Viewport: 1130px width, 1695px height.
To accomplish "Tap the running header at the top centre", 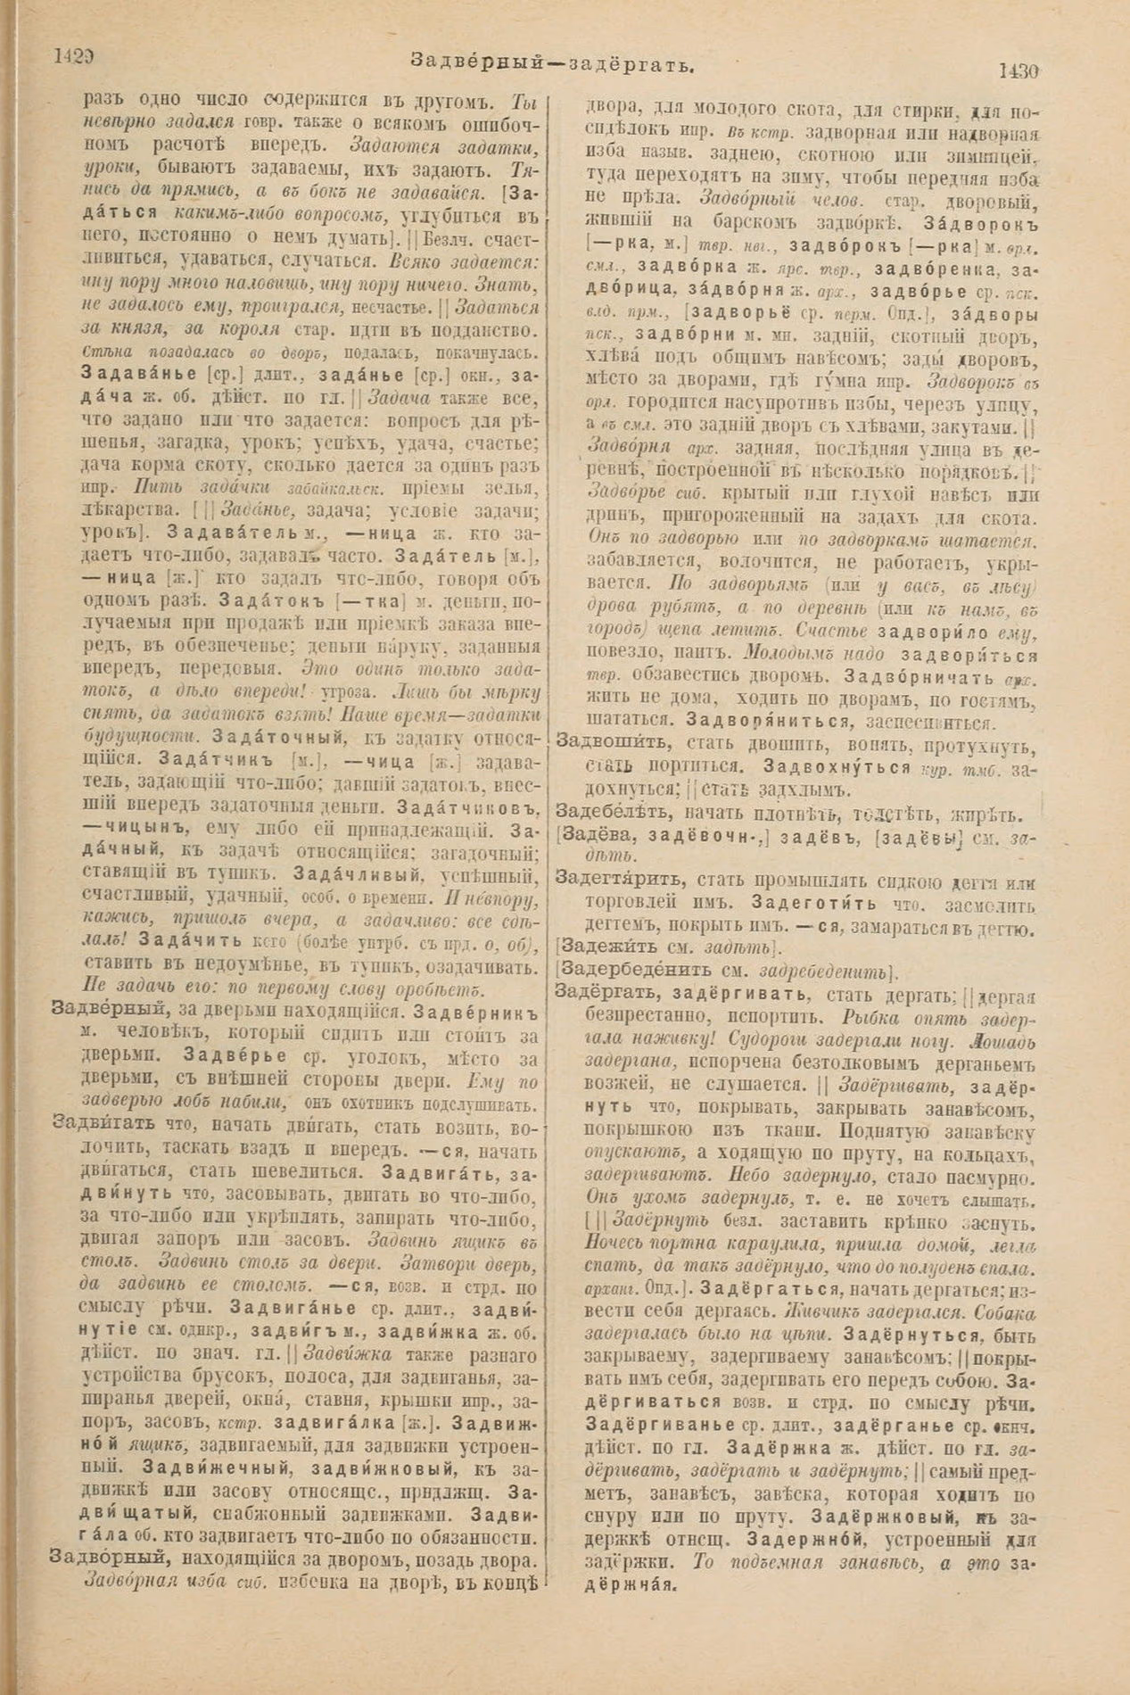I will pyautogui.click(x=552, y=62).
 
